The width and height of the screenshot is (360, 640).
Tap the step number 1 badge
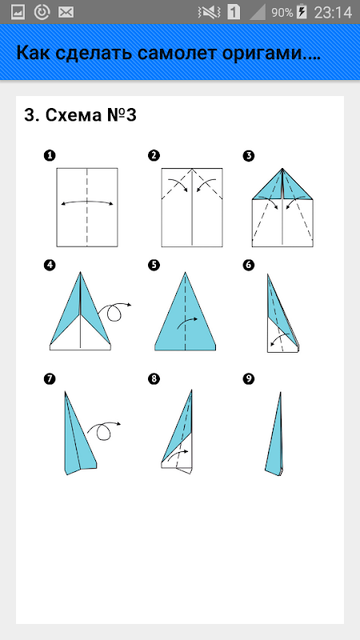point(50,155)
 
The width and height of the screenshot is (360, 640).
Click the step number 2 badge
point(154,155)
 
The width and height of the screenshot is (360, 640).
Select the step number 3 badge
point(248,155)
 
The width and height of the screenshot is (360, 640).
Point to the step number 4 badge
point(50,266)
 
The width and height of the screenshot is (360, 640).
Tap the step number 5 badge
point(154,266)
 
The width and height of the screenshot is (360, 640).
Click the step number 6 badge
point(248,266)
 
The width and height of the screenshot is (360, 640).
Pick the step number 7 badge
point(50,379)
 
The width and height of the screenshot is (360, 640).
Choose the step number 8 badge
point(154,379)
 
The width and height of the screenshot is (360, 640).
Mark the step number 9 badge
point(248,379)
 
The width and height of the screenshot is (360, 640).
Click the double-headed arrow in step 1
point(87,202)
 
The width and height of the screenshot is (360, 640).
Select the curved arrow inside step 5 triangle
point(188,322)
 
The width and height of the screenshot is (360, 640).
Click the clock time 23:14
point(333,13)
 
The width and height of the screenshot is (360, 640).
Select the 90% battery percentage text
point(282,13)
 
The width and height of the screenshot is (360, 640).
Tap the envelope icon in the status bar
point(66,13)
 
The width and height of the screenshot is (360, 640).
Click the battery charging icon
point(302,12)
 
